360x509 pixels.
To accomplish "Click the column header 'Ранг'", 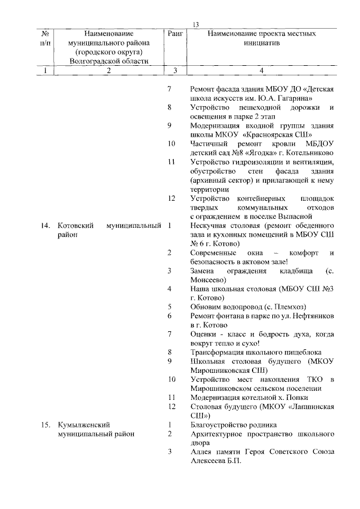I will coord(175,34).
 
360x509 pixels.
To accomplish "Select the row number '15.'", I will coord(46,425).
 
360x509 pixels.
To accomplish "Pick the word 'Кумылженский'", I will coord(83,425).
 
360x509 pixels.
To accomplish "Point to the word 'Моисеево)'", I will coord(208,280).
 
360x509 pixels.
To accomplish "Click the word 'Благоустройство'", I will coord(221,425).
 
